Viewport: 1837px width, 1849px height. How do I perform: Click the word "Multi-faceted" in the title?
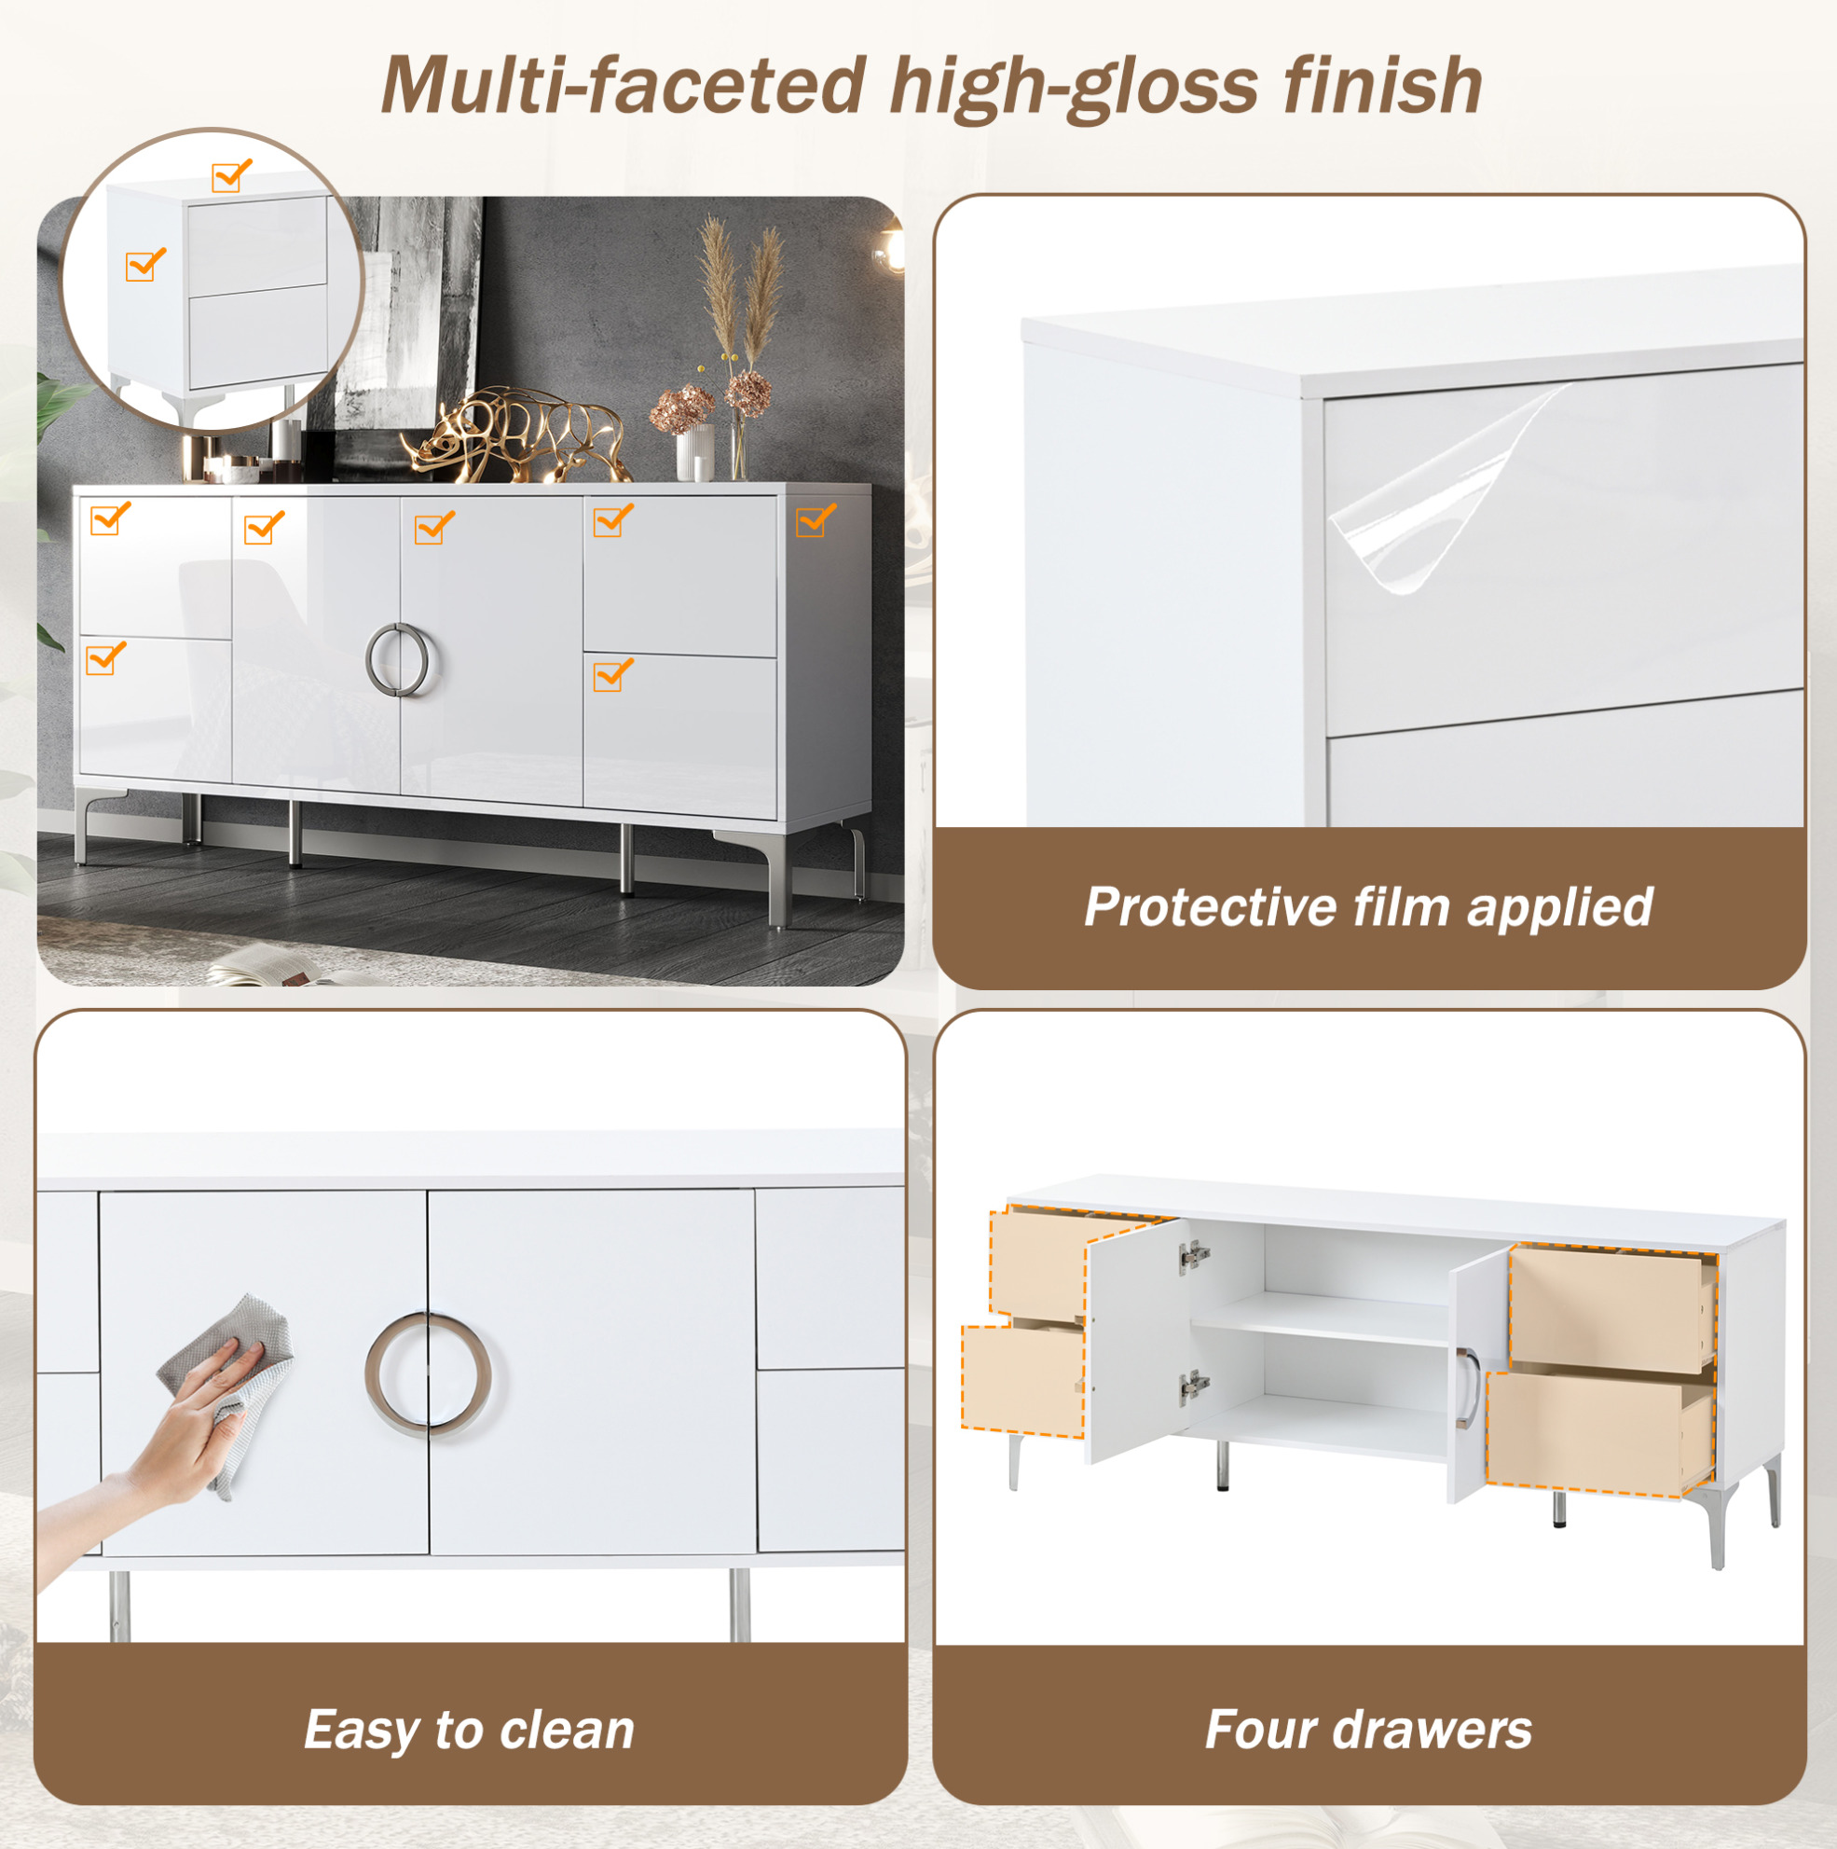(x=624, y=86)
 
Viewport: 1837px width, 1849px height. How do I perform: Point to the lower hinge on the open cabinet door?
(x=1194, y=1385)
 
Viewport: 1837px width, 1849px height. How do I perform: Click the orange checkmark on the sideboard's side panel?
(x=816, y=519)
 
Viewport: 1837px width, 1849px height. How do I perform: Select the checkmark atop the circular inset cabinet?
(x=231, y=175)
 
